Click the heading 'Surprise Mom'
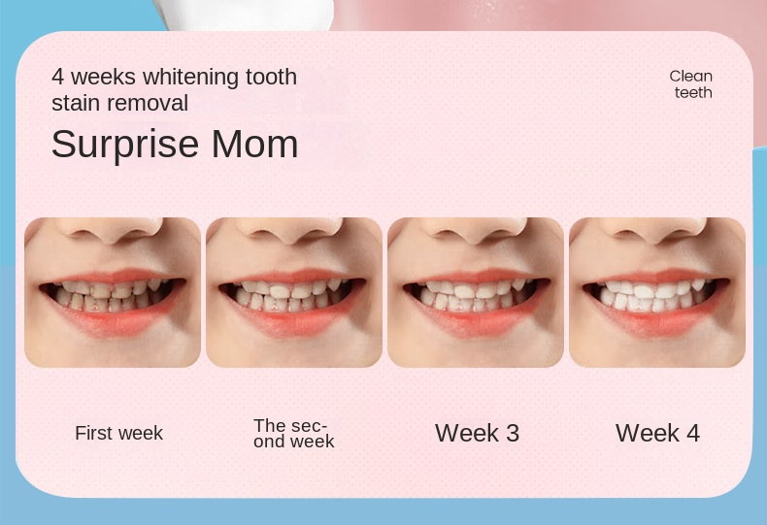pos(175,144)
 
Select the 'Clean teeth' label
pos(691,84)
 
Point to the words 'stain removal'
pos(120,102)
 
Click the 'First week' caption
pos(118,433)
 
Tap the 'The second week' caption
pos(293,433)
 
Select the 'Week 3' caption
pos(477,433)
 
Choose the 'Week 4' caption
pos(657,433)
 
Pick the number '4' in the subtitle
pos(57,77)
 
